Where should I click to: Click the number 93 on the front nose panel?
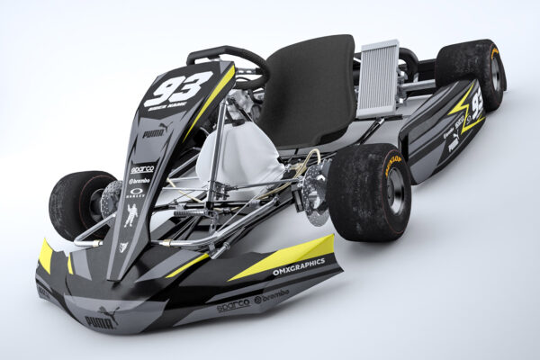coord(177,89)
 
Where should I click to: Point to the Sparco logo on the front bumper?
coord(232,304)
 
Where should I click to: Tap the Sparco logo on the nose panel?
coord(141,168)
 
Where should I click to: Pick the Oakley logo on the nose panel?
coord(136,192)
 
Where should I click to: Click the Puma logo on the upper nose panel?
coord(155,132)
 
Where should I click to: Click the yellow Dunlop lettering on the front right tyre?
coord(393,163)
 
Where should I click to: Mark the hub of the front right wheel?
coord(394,191)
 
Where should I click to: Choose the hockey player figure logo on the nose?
coord(131,214)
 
